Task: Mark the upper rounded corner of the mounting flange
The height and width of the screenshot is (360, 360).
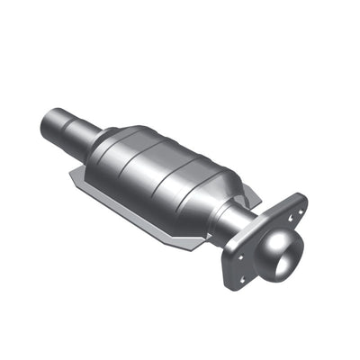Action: [298, 200]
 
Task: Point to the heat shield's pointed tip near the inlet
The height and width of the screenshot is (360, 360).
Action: [77, 179]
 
